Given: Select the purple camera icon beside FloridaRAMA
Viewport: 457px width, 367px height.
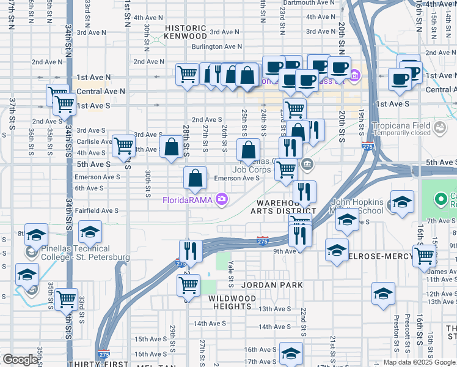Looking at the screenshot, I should click(221, 199).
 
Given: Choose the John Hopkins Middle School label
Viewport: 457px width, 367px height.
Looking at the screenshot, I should click(357, 206).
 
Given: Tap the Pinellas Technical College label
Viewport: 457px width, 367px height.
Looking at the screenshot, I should click(77, 253).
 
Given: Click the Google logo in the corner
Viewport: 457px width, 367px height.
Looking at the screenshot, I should click(20, 360).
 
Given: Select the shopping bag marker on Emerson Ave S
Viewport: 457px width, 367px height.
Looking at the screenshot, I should click(195, 179).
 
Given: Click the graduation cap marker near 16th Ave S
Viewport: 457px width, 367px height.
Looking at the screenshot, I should click(291, 354).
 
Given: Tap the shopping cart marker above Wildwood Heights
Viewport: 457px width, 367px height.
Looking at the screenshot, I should click(188, 284).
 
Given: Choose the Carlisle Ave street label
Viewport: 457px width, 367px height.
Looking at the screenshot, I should click(94, 141).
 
